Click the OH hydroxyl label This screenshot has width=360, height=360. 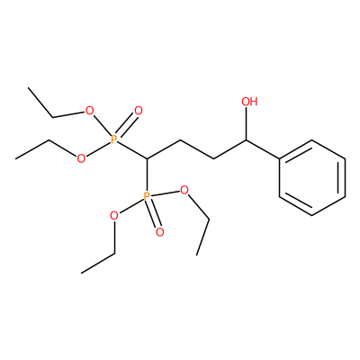point(249,102)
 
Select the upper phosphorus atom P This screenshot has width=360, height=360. point(113,139)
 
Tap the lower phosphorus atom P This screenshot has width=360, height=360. point(147,197)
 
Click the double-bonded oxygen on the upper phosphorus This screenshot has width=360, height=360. point(138,111)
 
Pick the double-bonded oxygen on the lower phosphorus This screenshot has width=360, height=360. point(160,232)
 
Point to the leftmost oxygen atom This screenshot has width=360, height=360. point(81,158)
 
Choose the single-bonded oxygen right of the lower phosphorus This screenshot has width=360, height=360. point(184,190)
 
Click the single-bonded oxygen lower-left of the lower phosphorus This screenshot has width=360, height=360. point(114,216)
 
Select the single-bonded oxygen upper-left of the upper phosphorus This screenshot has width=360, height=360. point(89,111)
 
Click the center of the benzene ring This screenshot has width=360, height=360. point(312,177)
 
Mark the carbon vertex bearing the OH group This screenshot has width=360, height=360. point(247,139)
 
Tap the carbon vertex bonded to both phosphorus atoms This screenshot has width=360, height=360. point(147,158)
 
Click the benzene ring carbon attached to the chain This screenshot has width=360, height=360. point(279,158)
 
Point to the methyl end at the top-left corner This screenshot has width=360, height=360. point(29,88)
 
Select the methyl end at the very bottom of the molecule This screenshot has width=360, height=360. point(81,273)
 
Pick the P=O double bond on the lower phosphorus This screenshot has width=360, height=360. point(153,213)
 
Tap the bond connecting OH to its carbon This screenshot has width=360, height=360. point(247,123)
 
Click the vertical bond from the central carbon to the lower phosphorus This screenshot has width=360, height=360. point(147,175)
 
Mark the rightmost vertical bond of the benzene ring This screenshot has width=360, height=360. point(345,177)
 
